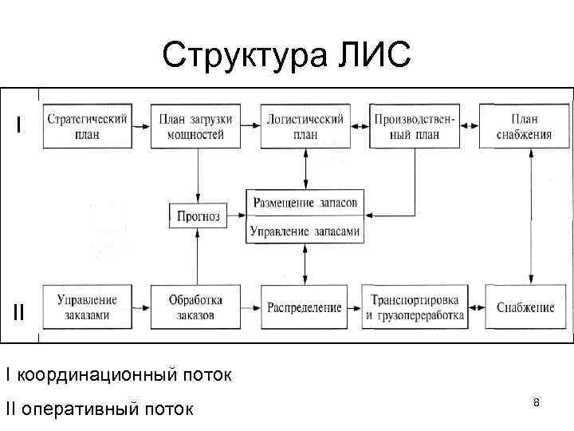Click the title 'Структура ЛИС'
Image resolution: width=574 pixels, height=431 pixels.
click(286, 55)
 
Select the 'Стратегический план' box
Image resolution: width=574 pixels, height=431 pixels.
click(87, 126)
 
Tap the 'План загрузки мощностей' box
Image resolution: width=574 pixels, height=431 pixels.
click(196, 126)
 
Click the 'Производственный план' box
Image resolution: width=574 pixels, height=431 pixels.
click(415, 126)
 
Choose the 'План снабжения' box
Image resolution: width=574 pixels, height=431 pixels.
click(524, 126)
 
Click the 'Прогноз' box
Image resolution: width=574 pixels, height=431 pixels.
click(196, 214)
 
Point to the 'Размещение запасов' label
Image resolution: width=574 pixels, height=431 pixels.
click(305, 203)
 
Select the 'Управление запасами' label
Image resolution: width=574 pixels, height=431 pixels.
click(305, 231)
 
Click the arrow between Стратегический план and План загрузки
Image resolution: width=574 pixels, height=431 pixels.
click(140, 126)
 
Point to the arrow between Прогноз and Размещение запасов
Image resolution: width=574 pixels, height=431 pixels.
click(237, 214)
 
